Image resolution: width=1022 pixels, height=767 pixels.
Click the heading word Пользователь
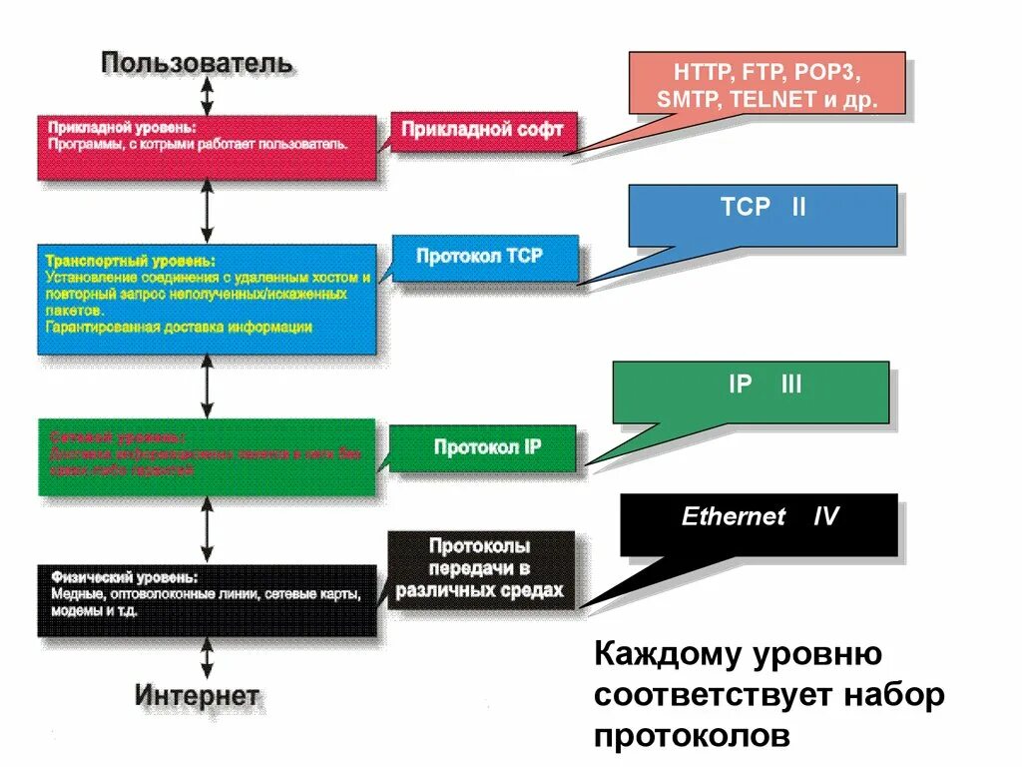coord(197,64)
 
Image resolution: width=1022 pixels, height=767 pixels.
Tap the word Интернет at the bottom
coord(197,695)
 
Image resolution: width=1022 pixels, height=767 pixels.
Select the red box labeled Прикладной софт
coord(483,130)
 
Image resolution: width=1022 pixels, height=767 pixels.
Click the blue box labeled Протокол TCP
coord(483,257)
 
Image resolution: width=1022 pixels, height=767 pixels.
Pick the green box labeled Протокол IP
coord(483,446)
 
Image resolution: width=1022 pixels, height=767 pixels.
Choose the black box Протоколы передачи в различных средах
coord(480,569)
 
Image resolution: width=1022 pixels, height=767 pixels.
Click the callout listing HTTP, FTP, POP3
coord(766,86)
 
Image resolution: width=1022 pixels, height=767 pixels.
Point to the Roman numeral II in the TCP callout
coord(797,208)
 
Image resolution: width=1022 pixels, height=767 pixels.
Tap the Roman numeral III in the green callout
coord(791,384)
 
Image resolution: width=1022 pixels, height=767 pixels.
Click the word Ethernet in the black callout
coord(734,517)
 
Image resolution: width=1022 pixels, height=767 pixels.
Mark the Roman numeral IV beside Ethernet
coord(825,517)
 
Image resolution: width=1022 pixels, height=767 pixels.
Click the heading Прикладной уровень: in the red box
coord(122,129)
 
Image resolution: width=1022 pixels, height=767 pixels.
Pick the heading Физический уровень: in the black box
coord(123,578)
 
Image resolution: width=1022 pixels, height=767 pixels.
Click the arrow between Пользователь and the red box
coord(207,97)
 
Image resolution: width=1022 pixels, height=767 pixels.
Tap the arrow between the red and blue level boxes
coord(207,212)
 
